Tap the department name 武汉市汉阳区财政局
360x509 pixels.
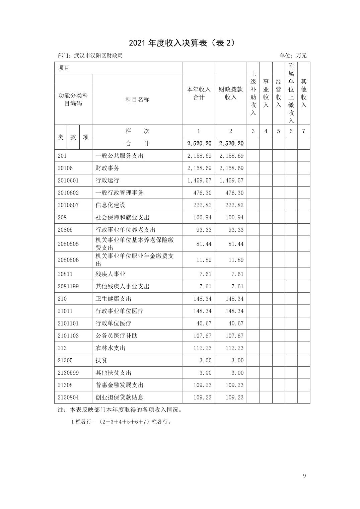coord(90,56)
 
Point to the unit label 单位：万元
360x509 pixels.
coord(293,56)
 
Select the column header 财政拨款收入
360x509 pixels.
coord(231,93)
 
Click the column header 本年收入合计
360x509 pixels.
coord(199,93)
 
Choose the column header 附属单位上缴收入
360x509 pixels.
coord(291,93)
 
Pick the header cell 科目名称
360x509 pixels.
coord(137,99)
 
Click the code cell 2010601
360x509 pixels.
coord(68,180)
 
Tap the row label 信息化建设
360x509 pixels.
coord(111,205)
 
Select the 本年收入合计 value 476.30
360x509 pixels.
coord(202,193)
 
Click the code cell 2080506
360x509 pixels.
coord(68,260)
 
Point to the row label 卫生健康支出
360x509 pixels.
coord(114,299)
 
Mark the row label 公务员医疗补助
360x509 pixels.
coord(117,336)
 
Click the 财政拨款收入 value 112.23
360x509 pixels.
coord(234,348)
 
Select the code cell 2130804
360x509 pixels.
coord(68,397)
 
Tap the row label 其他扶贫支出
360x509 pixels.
coord(114,373)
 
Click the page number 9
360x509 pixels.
coord(304,476)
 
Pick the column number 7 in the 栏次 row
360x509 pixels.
coord(303,131)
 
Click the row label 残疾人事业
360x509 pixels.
coord(111,274)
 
